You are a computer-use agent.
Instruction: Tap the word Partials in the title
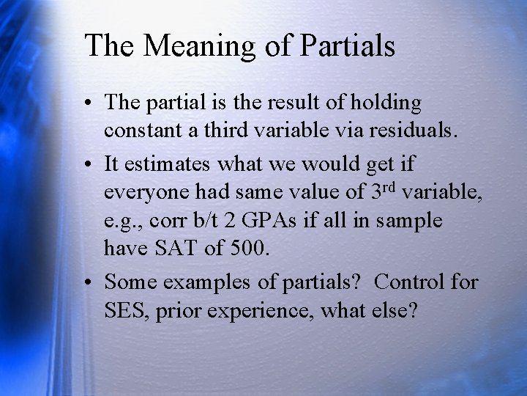tap(345, 45)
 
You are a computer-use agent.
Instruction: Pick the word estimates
tap(169, 164)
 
